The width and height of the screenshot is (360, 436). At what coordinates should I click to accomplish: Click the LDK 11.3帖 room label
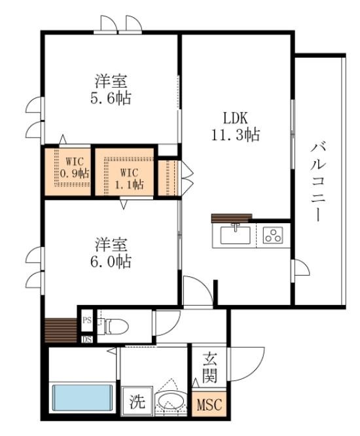click(236, 126)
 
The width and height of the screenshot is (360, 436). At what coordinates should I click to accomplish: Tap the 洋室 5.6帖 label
click(111, 89)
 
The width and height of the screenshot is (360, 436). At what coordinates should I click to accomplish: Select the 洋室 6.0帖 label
click(111, 253)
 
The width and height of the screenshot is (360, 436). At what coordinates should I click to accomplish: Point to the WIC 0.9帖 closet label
click(75, 168)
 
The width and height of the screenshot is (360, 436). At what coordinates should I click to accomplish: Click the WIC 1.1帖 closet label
click(129, 179)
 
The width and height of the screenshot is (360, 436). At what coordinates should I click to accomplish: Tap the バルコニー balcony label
click(318, 183)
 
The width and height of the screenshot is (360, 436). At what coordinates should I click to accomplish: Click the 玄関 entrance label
click(209, 367)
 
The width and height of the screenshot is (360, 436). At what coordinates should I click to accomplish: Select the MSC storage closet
click(209, 404)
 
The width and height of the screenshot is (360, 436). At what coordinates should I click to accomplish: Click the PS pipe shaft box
click(87, 320)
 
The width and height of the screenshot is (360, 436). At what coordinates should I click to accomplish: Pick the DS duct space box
click(87, 340)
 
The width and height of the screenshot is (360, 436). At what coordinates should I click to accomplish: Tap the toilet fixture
click(114, 325)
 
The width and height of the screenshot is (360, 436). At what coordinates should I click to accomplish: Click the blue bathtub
click(82, 397)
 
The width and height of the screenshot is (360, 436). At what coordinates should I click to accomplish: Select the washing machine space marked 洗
click(137, 401)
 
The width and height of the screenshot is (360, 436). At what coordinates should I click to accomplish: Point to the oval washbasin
click(171, 401)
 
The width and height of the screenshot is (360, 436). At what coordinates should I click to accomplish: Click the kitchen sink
click(235, 235)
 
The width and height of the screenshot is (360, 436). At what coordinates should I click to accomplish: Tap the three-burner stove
click(273, 235)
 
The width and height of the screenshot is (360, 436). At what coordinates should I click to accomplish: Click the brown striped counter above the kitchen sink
click(232, 218)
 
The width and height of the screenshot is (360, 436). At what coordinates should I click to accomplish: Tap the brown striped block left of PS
click(61, 331)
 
